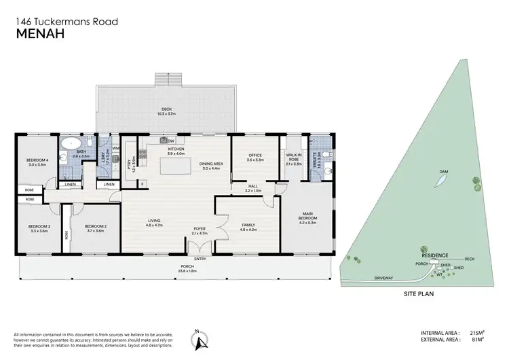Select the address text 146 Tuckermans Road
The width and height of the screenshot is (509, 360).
tap(67, 21)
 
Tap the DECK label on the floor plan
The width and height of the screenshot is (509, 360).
tap(166, 111)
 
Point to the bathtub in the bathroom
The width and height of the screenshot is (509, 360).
tap(71, 144)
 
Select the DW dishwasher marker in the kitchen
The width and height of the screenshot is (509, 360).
tap(171, 141)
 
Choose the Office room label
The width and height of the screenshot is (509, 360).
tap(254, 157)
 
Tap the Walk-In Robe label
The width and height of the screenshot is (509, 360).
tap(294, 159)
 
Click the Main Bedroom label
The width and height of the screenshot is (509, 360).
tap(308, 217)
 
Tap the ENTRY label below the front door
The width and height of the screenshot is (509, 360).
tap(200, 259)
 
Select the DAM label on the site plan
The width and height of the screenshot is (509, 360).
tap(443, 171)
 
